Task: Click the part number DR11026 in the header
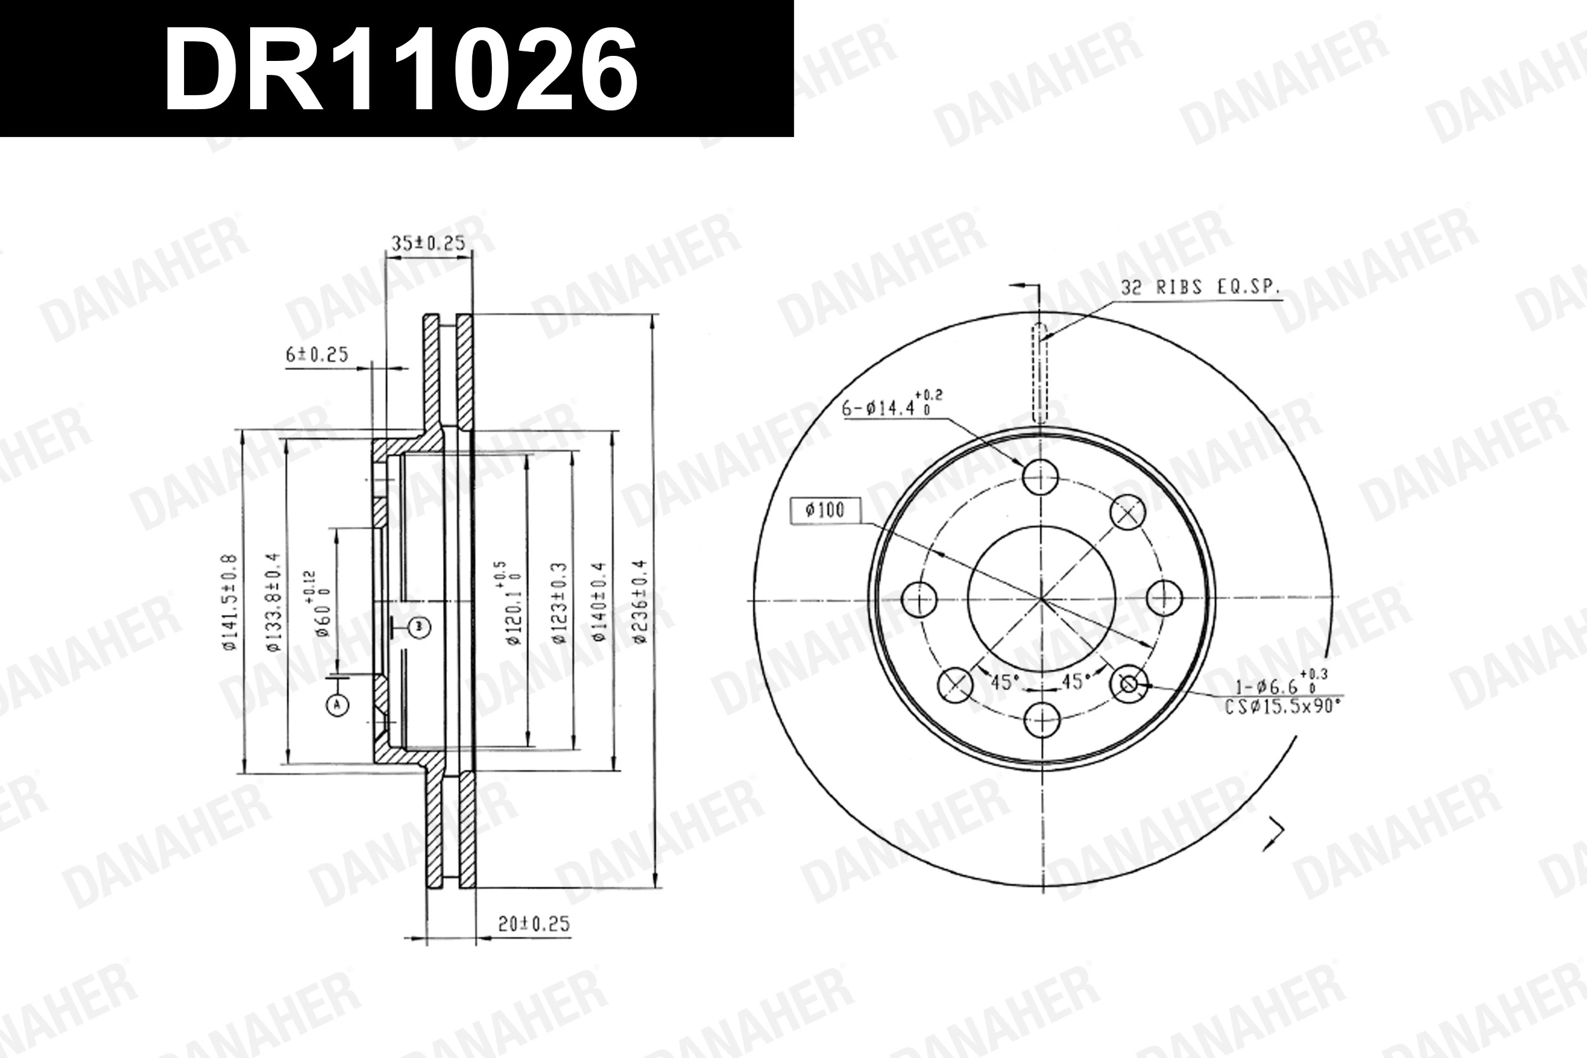401,70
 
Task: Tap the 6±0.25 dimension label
317,355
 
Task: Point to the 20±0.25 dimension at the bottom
534,923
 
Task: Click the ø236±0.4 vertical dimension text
640,600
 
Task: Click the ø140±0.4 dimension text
599,600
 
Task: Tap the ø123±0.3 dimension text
559,602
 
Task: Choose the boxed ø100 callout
825,510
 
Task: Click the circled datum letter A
337,705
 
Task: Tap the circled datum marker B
420,628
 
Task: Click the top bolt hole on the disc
1040,477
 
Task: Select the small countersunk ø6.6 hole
1128,684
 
